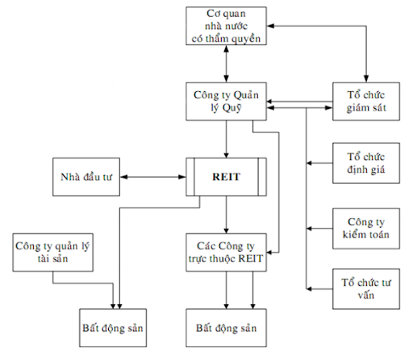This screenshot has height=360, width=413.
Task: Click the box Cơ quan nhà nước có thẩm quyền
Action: pos(226,27)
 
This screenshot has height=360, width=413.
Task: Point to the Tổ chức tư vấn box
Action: pos(365,288)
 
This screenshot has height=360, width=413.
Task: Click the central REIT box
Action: pos(226,177)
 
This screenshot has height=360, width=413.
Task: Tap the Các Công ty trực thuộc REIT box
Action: pos(226,252)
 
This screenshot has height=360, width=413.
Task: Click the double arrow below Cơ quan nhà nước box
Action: pos(226,65)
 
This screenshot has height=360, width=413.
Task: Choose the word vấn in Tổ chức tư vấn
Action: pos(365,295)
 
